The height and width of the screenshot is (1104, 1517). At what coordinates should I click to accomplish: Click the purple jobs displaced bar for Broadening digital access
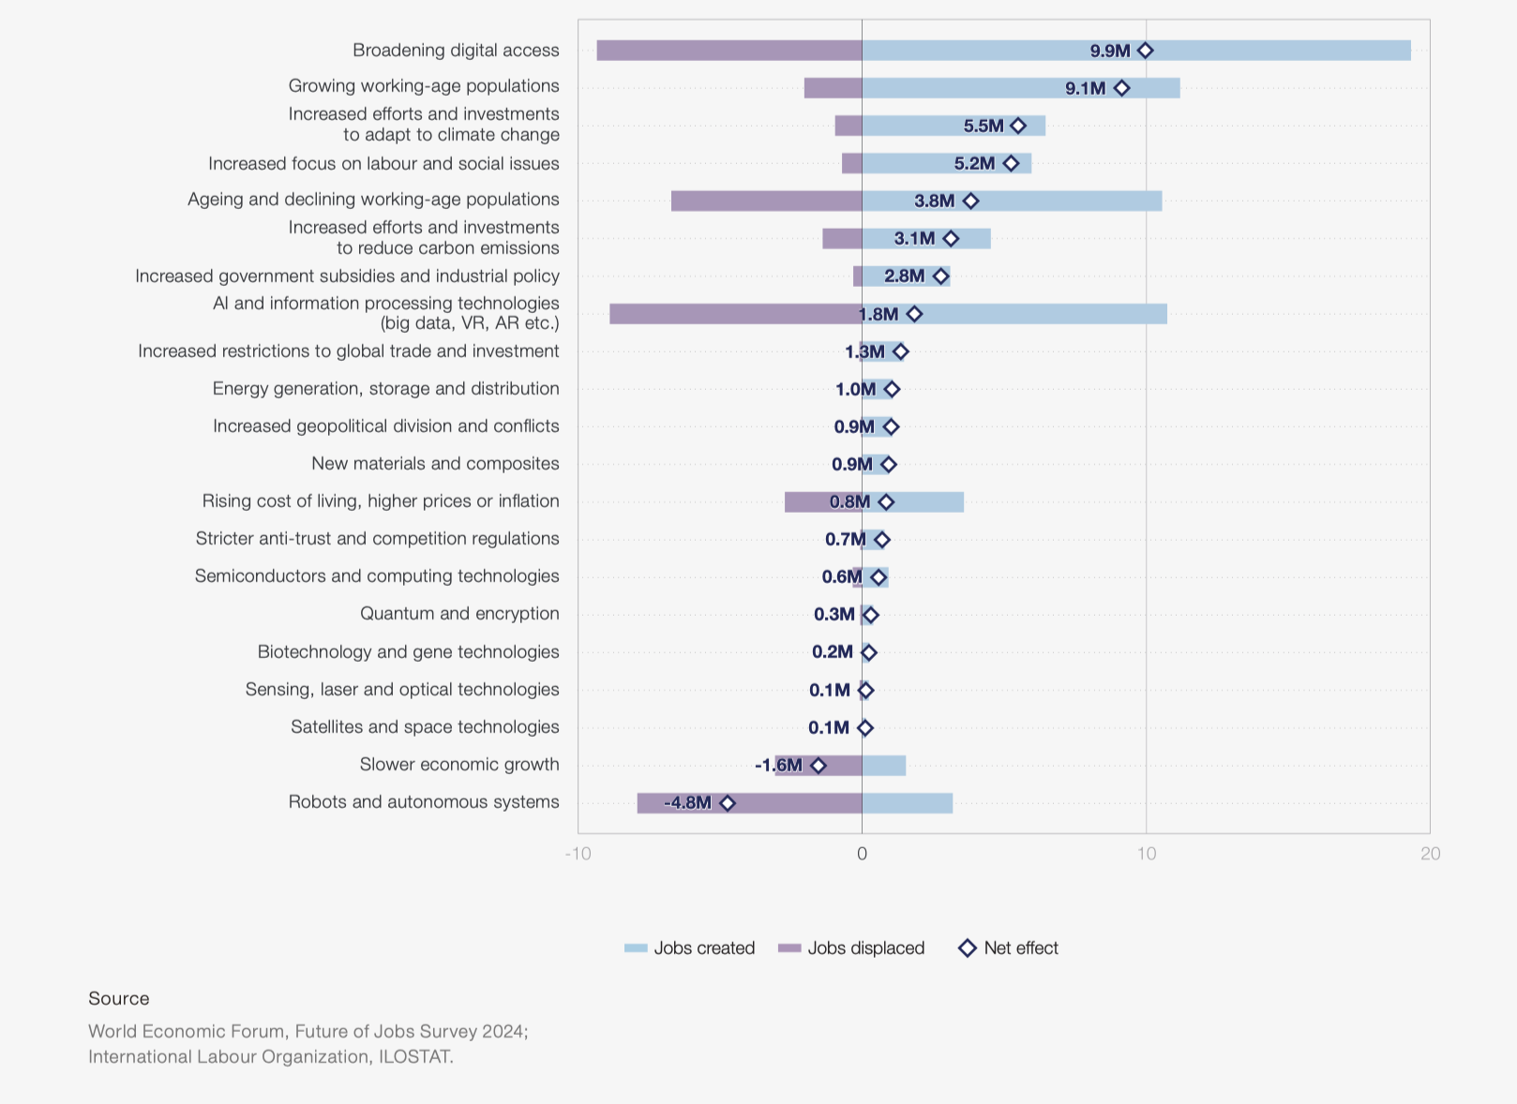[728, 51]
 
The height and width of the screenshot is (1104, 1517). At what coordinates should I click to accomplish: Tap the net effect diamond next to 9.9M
[1145, 51]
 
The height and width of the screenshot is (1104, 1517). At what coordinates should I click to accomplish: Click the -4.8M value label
[687, 803]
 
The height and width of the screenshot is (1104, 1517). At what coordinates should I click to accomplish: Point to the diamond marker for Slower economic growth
[818, 766]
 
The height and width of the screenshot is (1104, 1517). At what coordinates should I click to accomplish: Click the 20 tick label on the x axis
[1430, 854]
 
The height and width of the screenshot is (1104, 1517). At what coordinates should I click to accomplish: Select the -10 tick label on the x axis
[578, 854]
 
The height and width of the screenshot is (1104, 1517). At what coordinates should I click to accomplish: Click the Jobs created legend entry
[690, 948]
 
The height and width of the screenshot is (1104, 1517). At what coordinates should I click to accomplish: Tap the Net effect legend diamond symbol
[968, 948]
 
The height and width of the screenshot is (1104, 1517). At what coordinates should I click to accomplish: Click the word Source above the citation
[119, 999]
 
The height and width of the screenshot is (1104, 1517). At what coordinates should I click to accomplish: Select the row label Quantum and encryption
[459, 614]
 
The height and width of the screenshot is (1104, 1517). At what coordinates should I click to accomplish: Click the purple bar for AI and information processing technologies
[734, 314]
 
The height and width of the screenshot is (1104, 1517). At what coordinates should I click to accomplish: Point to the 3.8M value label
[934, 201]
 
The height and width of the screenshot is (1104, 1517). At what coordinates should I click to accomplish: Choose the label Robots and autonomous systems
[424, 802]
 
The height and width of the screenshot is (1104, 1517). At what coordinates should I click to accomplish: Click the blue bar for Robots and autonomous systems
[907, 803]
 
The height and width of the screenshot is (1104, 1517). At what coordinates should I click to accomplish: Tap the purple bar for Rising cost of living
[806, 502]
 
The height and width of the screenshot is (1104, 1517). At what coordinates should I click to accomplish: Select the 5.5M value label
[983, 126]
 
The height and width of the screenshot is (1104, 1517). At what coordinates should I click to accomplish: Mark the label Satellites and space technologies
[425, 727]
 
